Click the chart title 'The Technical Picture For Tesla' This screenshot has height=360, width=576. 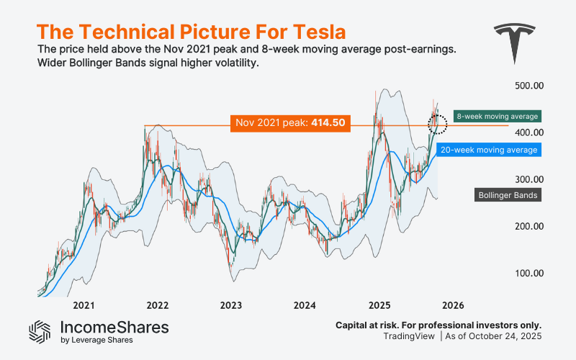[x=190, y=32]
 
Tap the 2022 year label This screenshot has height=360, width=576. [x=157, y=305]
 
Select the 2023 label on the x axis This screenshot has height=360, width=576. [x=231, y=305]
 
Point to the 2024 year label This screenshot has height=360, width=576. [x=305, y=305]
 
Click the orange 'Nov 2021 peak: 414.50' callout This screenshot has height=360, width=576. [x=291, y=123]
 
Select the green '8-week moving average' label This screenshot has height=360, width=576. [x=497, y=115]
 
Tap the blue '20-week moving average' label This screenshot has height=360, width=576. [x=489, y=150]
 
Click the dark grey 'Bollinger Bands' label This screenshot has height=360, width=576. [x=509, y=194]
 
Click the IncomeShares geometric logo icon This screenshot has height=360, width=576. [x=40, y=330]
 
